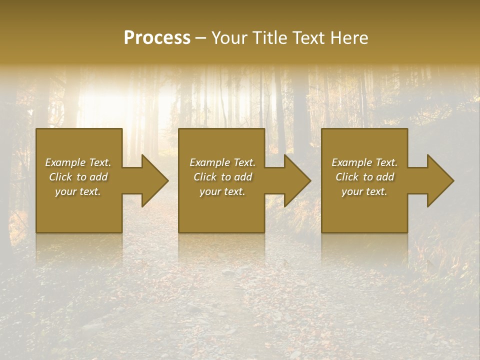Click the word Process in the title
(x=157, y=38)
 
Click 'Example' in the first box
(x=65, y=162)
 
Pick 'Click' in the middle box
(x=204, y=177)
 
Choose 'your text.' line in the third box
(x=364, y=191)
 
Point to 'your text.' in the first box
(x=78, y=191)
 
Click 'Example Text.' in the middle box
(x=222, y=162)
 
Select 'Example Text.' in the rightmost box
(x=364, y=162)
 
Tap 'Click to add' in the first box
(x=78, y=177)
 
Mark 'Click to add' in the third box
(x=364, y=177)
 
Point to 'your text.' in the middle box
(x=222, y=191)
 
